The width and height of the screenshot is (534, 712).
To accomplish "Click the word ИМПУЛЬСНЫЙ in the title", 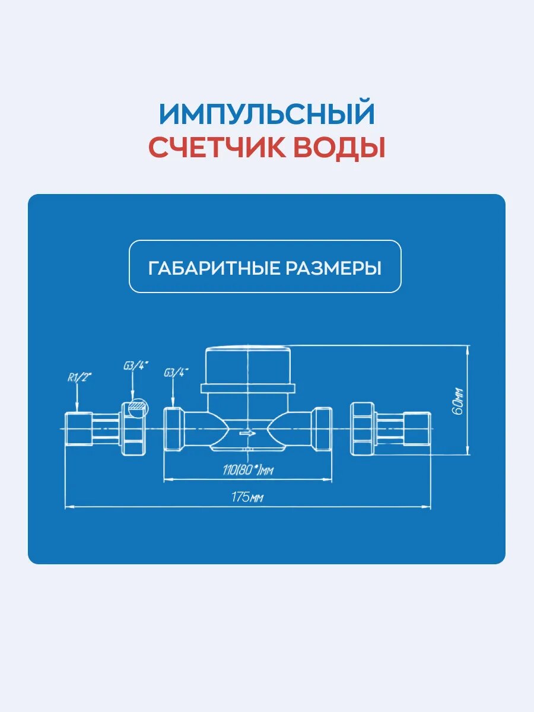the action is [x=267, y=114].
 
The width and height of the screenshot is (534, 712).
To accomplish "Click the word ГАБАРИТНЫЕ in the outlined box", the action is [x=213, y=268].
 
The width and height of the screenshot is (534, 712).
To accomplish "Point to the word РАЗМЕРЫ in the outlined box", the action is [x=333, y=268].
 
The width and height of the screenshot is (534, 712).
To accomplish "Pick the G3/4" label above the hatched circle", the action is [x=135, y=366].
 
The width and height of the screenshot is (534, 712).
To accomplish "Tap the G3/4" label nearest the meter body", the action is [x=176, y=373].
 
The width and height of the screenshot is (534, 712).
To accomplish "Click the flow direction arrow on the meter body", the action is [x=247, y=433].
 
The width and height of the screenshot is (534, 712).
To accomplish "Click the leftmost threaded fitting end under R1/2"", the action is [x=78, y=428].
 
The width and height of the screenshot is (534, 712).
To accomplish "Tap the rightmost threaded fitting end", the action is [x=416, y=428].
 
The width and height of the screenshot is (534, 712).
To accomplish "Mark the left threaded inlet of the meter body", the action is [x=173, y=429].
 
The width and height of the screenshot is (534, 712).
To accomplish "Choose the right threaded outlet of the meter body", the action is [x=322, y=429].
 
